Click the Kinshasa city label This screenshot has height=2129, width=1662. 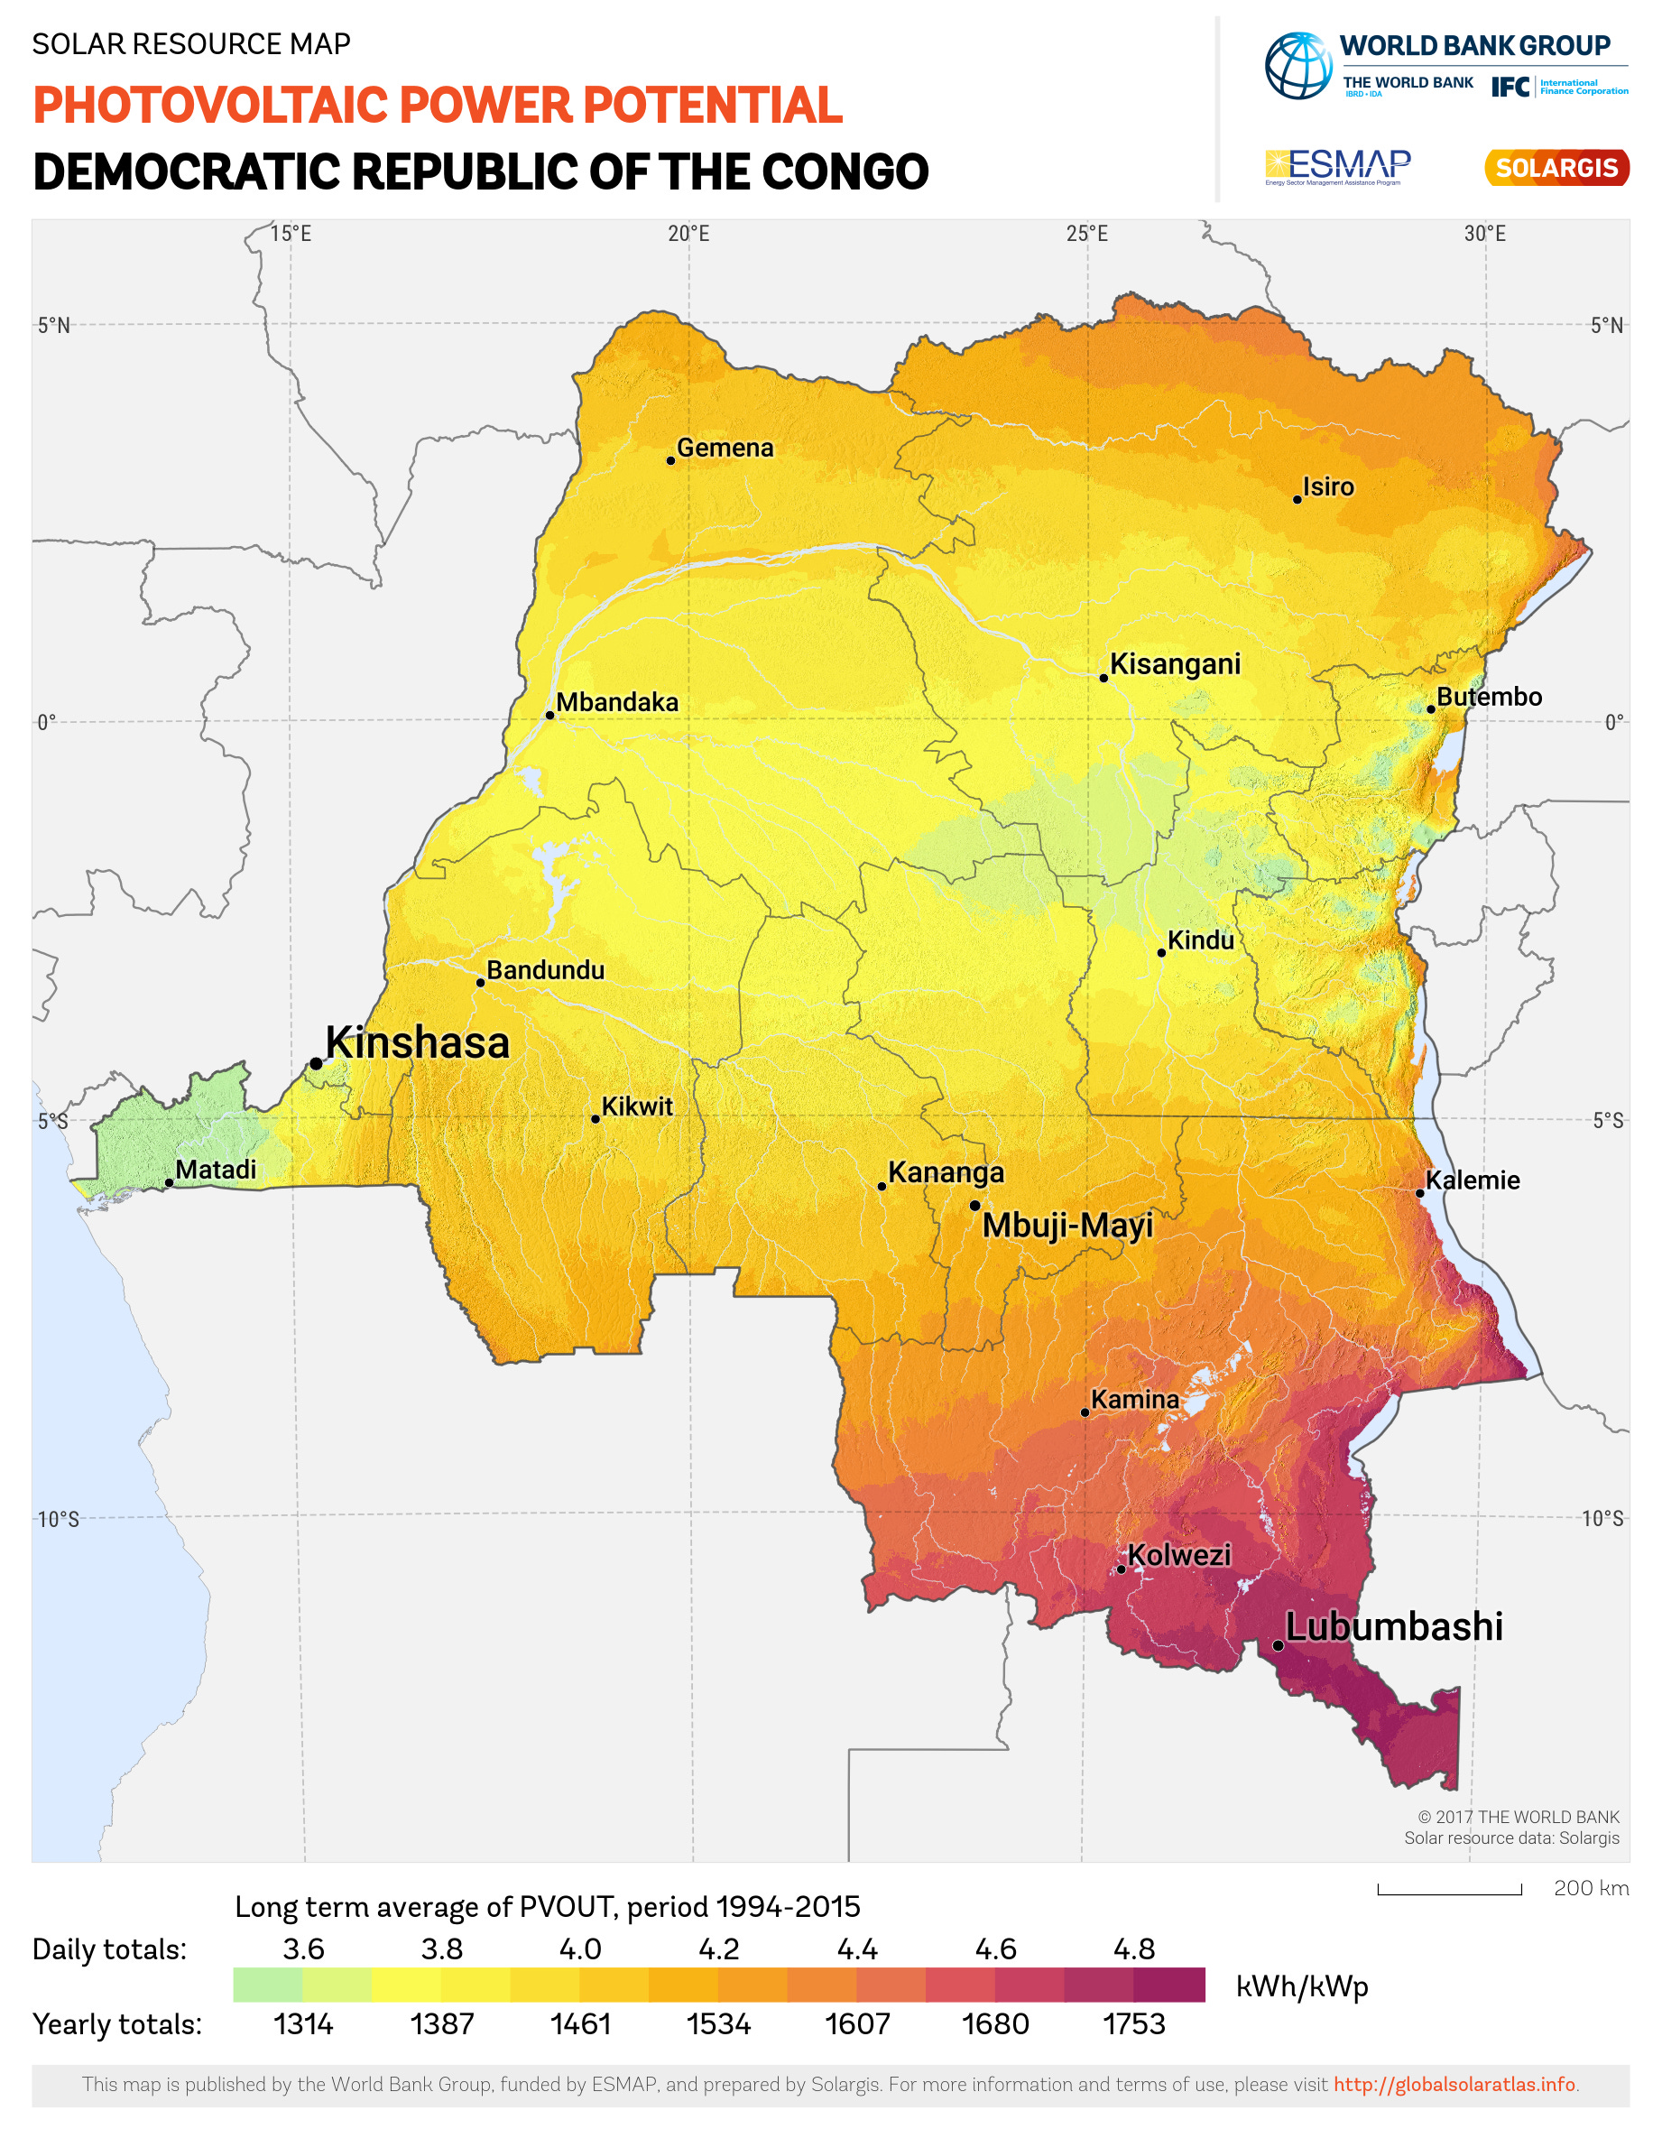[x=417, y=1043]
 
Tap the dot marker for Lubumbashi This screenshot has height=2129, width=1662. [x=1278, y=1645]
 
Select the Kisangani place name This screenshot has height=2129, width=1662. [x=1176, y=664]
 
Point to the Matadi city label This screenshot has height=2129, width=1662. [x=216, y=1169]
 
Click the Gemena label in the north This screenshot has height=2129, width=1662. [x=725, y=448]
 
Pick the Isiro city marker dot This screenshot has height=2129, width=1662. [x=1297, y=499]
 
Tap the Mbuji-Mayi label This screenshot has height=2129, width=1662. [x=1067, y=1226]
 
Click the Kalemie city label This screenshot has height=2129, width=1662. [x=1473, y=1180]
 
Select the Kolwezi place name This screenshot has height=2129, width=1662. [x=1179, y=1555]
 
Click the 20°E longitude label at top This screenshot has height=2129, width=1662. [x=689, y=234]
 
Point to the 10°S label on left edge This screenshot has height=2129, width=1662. [x=59, y=1520]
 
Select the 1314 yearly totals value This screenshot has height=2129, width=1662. [x=303, y=2024]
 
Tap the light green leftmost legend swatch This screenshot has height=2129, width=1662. [x=267, y=1986]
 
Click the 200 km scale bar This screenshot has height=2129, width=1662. [x=1449, y=1890]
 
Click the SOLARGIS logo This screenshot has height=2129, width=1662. [x=1556, y=168]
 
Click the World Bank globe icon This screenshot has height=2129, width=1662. [x=1298, y=66]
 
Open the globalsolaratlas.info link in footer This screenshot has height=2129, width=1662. [x=1454, y=2085]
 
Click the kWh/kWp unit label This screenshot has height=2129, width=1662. [x=1302, y=1986]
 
